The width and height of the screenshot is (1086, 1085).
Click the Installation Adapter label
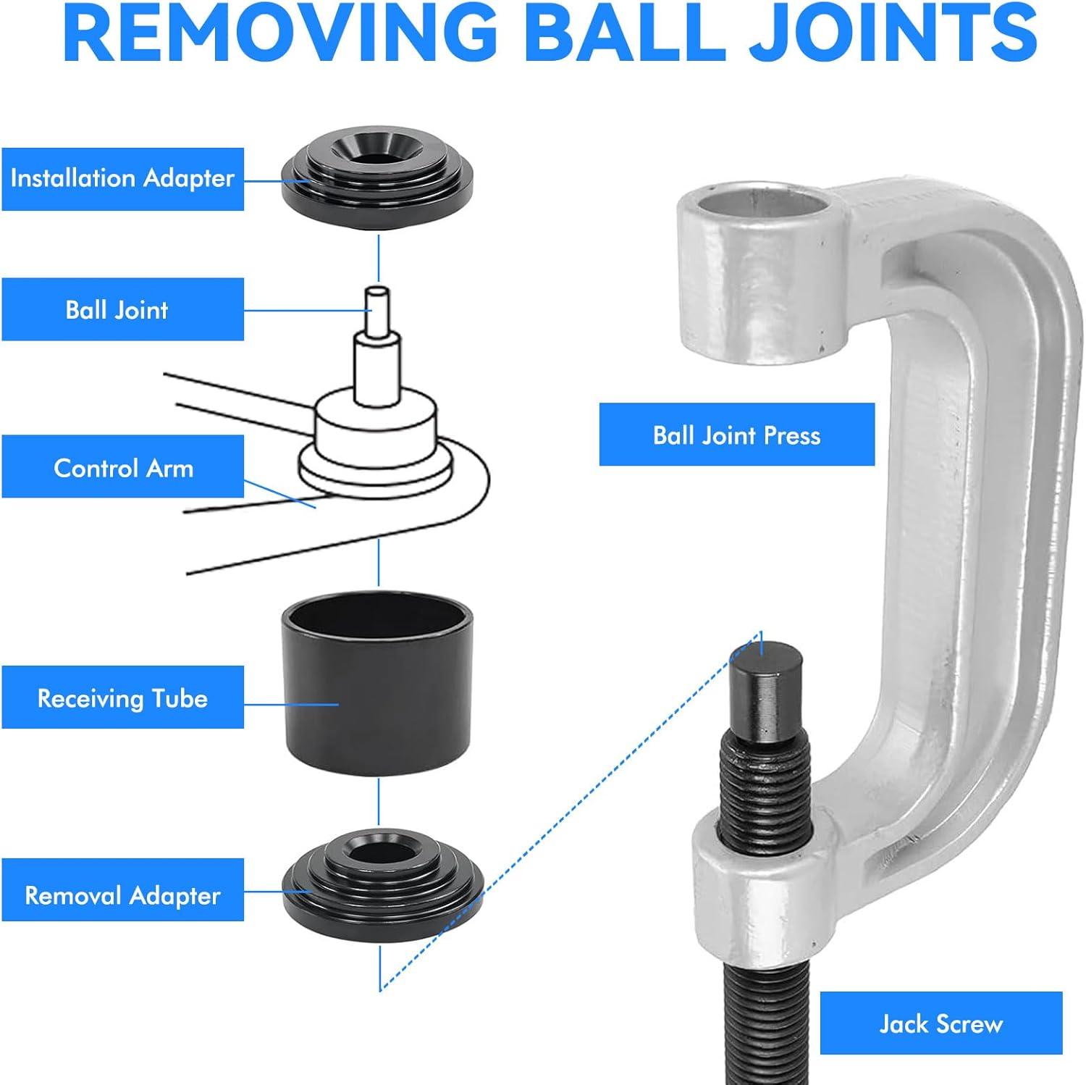pyautogui.click(x=122, y=179)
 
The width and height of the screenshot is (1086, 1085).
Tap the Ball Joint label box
pyautogui.click(x=122, y=309)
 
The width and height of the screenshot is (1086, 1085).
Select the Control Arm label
pyautogui.click(x=122, y=467)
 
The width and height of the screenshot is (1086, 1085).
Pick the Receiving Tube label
pyautogui.click(x=122, y=697)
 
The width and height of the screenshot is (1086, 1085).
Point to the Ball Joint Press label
pyautogui.click(x=736, y=435)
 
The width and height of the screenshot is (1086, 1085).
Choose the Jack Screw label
pyautogui.click(x=940, y=1023)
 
